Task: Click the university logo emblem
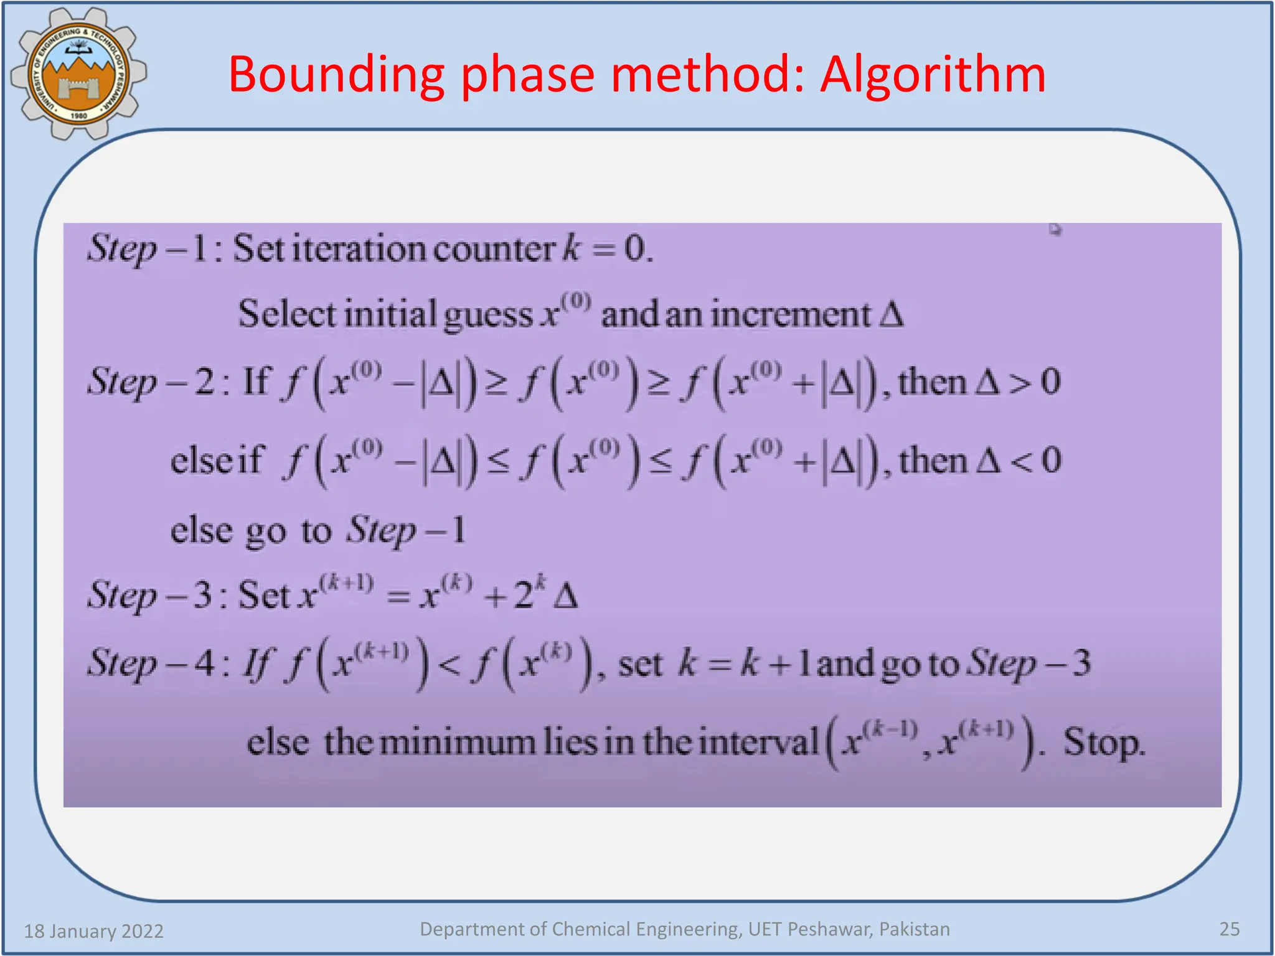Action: point(78,73)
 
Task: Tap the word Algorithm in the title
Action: point(932,75)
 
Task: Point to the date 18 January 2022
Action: point(93,931)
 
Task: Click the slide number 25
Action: point(1229,929)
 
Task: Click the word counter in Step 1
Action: point(493,249)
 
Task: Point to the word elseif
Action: point(217,461)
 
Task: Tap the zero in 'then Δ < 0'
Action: point(1051,461)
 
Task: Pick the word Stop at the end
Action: point(1103,743)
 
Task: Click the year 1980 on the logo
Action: point(78,116)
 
